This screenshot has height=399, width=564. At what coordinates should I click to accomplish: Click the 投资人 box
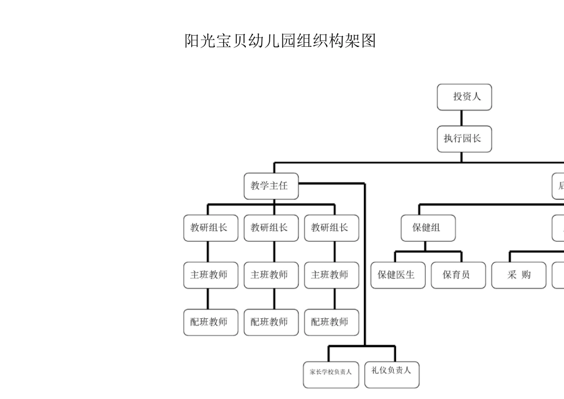coord(464,97)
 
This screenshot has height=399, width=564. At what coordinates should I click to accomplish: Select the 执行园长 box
coord(464,139)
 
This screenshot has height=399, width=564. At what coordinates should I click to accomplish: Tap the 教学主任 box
coord(271,186)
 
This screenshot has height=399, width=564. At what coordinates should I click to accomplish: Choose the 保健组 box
coord(427,228)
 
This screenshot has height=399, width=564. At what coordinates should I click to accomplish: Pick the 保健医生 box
coord(398,275)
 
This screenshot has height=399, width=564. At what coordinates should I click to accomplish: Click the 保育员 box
coord(458,275)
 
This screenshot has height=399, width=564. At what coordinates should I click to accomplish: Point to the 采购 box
coord(518,275)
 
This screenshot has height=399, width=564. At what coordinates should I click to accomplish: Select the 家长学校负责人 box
coord(331,372)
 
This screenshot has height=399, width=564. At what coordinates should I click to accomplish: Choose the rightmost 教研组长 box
coord(331,228)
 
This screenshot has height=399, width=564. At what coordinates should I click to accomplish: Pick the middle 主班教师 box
coord(271,275)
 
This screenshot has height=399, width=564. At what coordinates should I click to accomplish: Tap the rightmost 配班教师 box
coord(331,322)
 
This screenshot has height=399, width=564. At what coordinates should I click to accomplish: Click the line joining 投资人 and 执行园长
coord(462,118)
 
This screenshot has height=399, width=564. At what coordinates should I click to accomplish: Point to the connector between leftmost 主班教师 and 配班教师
coord(208,299)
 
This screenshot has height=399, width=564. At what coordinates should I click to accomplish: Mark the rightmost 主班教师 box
coord(331,275)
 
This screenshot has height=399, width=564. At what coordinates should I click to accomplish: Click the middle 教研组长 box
coord(271,228)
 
